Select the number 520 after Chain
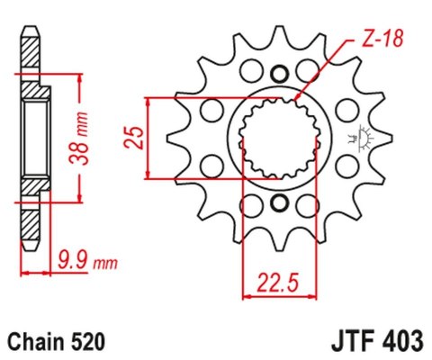click(x=88, y=342)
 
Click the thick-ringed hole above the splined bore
click(x=278, y=75)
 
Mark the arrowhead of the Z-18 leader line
click(x=298, y=98)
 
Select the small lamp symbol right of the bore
click(x=367, y=137)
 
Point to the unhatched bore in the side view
click(x=31, y=135)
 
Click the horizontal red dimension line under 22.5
click(x=281, y=292)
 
